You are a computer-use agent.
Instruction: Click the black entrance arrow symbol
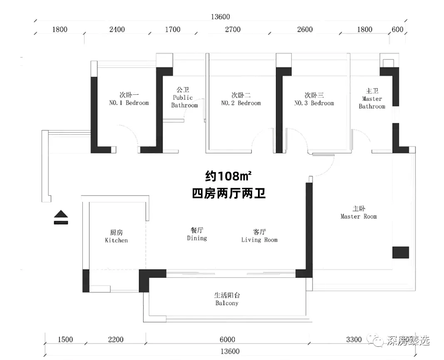[x=61, y=217]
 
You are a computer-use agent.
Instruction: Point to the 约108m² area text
[x=228, y=176]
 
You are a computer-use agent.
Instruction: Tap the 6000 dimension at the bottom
[x=227, y=339]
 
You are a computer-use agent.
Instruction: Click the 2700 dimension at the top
[x=233, y=30]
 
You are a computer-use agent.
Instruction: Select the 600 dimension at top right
[x=397, y=30]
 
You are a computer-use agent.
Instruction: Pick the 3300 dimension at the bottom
[x=354, y=339]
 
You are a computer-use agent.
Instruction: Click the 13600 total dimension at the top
[x=220, y=17]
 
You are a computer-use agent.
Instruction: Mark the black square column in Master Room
[x=401, y=252]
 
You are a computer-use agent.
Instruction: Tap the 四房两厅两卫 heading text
[x=229, y=194]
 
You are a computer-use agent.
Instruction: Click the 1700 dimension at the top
[x=173, y=30]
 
